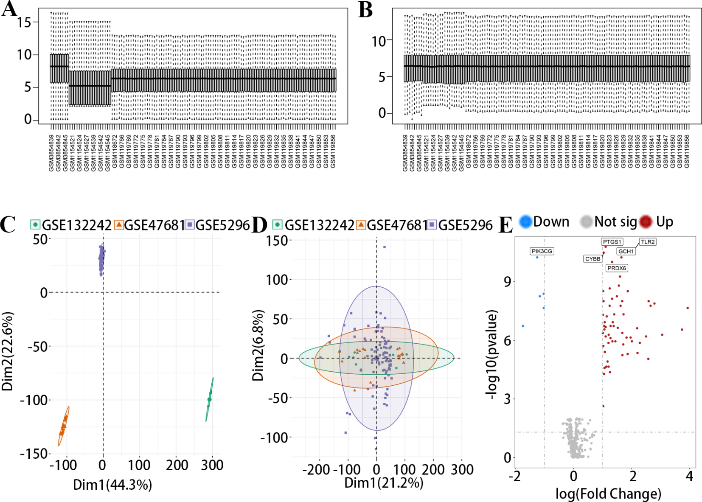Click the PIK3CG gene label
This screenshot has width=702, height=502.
(542, 251)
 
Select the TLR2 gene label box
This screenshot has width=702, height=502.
(648, 242)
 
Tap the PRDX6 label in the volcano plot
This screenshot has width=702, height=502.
(616, 268)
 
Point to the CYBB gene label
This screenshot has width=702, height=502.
(592, 259)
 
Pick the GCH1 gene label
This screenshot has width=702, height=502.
(626, 251)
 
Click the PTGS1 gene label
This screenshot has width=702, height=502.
(612, 242)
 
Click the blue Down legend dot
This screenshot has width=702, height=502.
(525, 222)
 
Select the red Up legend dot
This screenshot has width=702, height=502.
(646, 222)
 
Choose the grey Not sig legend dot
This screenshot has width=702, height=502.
(586, 222)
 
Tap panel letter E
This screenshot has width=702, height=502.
(505, 225)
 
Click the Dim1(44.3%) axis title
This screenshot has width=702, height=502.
(112, 485)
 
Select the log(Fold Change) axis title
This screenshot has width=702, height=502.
(608, 494)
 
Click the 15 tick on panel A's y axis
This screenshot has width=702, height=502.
(24, 22)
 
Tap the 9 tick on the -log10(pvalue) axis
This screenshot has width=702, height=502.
(507, 282)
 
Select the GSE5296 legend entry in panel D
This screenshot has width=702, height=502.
(460, 225)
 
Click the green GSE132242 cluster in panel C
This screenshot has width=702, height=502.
(209, 399)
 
